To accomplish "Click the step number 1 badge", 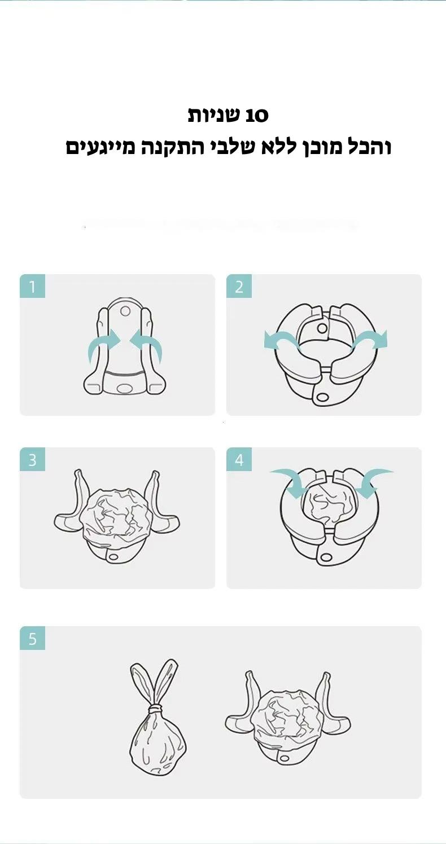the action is [x=32, y=287].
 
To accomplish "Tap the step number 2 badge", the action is [x=239, y=287].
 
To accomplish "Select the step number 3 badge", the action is [x=32, y=459].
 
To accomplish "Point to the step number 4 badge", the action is [x=239, y=459].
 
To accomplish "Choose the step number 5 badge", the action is [x=32, y=638].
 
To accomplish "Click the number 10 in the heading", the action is [x=257, y=115].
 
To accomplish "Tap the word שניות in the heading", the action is [x=214, y=115].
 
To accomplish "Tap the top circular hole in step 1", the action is [x=125, y=311].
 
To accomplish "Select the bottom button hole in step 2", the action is [x=322, y=397].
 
